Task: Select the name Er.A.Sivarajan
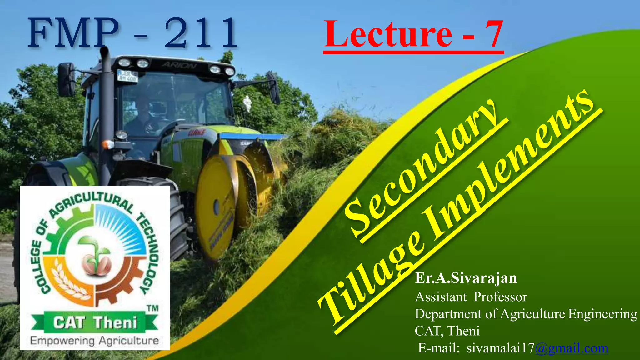click(466, 278)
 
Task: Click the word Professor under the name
click(500, 297)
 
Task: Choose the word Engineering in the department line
click(602, 314)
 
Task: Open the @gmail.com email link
click(572, 348)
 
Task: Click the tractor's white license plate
click(127, 76)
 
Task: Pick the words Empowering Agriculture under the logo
click(94, 341)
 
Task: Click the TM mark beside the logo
click(152, 308)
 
